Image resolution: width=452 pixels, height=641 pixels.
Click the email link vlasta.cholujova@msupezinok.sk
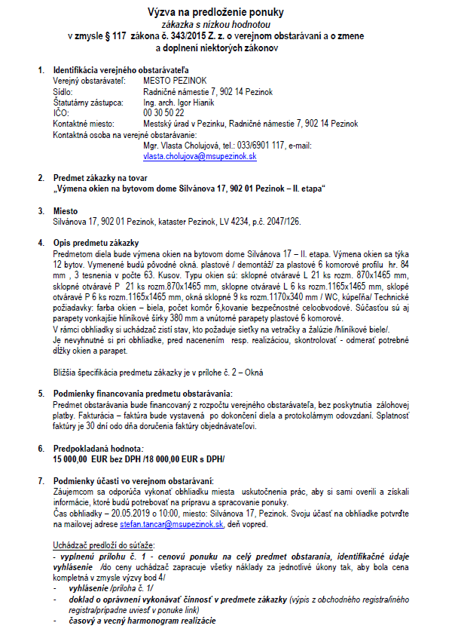[200, 156]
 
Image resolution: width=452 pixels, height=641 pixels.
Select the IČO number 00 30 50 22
[163, 112]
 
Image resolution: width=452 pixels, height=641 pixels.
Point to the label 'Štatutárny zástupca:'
[87, 102]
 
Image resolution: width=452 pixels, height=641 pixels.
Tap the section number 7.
[41, 480]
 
